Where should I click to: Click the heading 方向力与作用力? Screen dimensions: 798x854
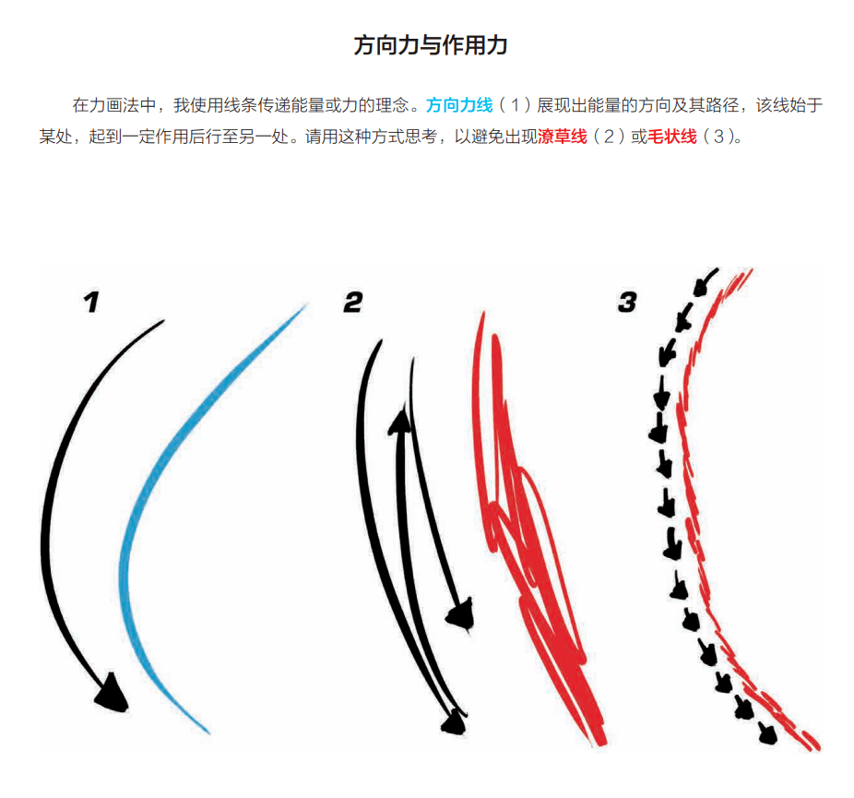431,45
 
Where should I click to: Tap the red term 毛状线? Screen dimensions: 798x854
669,137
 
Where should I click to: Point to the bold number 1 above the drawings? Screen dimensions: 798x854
91,302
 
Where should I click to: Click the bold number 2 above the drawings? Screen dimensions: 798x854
352,302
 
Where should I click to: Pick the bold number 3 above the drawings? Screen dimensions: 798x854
627,302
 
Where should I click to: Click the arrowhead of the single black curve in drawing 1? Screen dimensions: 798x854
113,692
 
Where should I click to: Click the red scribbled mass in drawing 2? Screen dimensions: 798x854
540,535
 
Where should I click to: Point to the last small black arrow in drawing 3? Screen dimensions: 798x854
765,733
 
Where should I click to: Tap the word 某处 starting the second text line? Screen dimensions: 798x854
54,137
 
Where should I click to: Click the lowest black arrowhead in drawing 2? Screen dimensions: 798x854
452,722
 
